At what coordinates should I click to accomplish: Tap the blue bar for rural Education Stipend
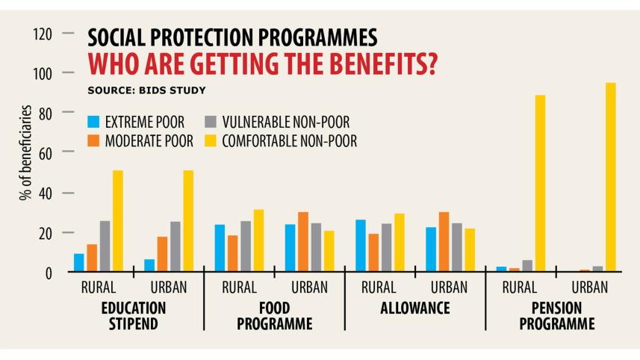click(78, 263)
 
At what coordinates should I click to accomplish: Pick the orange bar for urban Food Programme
click(302, 242)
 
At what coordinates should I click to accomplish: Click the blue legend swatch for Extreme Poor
click(93, 122)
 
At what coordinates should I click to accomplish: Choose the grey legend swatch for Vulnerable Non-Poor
click(211, 122)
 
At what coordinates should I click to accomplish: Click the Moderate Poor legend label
click(149, 140)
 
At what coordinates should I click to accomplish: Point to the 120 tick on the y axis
click(45, 34)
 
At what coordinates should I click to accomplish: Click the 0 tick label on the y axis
click(49, 273)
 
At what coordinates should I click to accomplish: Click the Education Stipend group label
click(133, 316)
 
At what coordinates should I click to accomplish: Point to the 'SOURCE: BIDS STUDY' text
click(146, 90)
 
